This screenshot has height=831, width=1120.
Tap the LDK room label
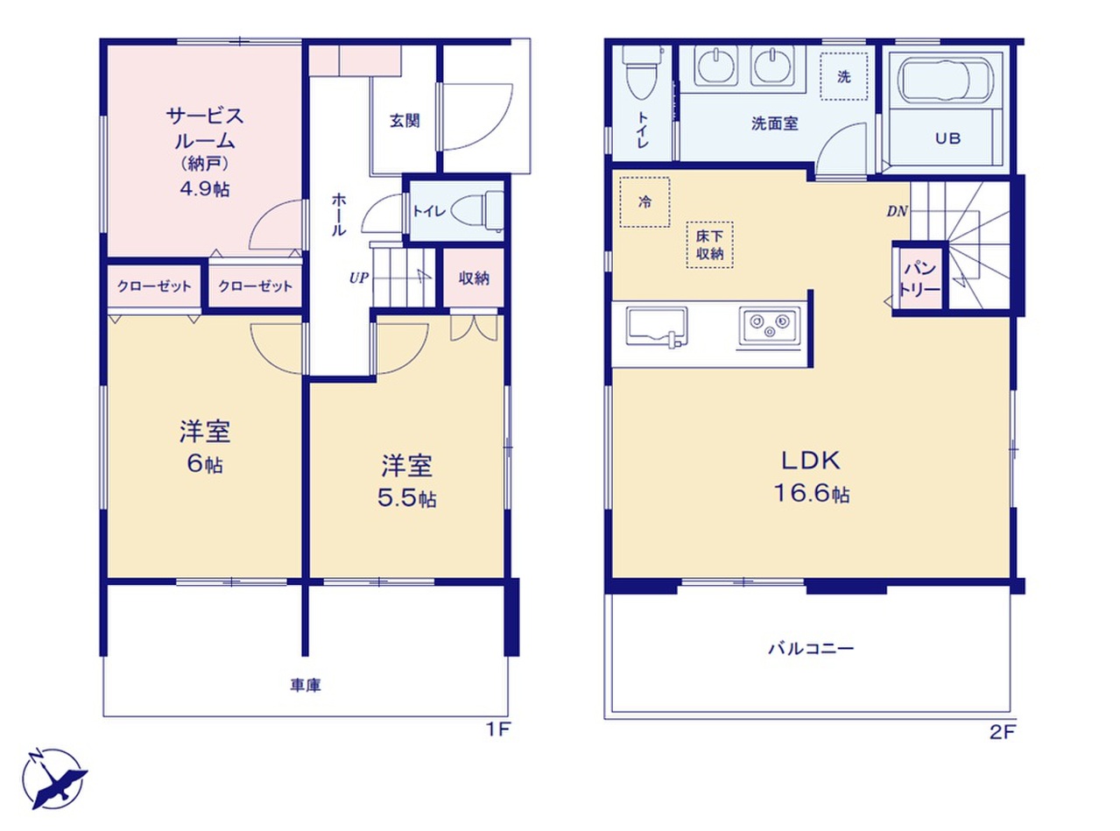click(x=811, y=461)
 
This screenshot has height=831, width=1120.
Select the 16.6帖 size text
click(x=812, y=494)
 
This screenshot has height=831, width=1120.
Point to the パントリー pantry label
click(x=920, y=278)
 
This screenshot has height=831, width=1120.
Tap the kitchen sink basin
click(x=657, y=327)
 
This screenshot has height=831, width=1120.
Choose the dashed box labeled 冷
click(x=645, y=202)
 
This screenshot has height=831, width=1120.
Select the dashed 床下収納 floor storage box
click(x=709, y=244)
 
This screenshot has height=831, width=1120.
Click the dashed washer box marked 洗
click(x=844, y=77)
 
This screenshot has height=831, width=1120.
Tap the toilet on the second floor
click(x=642, y=71)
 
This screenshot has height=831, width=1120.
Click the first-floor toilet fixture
click(x=476, y=211)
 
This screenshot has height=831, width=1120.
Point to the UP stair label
click(x=358, y=278)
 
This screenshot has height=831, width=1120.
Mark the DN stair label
click(x=897, y=211)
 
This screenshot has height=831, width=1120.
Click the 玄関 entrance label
click(x=405, y=121)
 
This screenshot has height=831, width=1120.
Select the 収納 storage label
click(x=474, y=278)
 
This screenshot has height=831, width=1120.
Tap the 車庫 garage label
click(x=306, y=685)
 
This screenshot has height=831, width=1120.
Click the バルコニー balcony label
click(x=811, y=648)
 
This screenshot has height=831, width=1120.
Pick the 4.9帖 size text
click(x=205, y=189)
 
